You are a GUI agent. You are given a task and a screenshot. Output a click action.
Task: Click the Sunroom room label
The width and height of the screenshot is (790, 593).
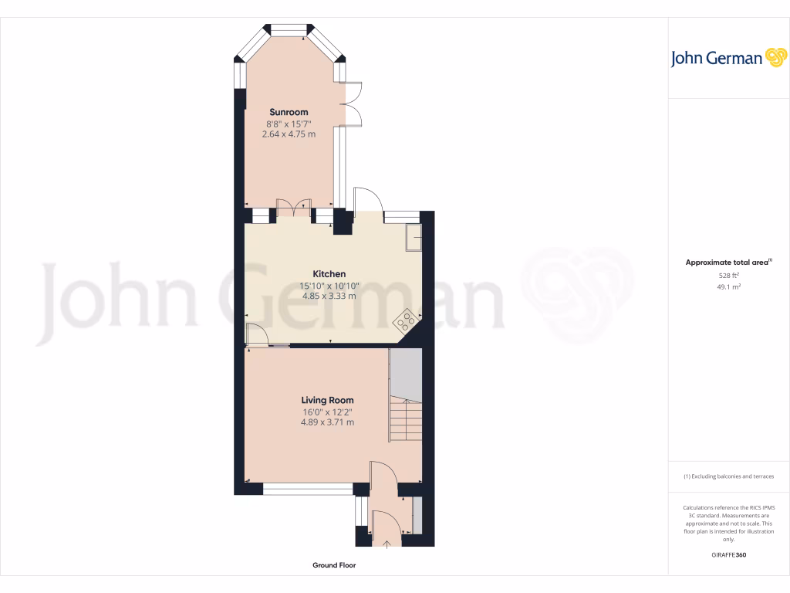[x=289, y=112]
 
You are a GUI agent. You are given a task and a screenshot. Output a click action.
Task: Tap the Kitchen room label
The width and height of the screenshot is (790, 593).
[x=329, y=274]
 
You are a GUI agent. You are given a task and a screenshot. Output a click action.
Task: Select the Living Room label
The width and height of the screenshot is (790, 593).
[x=328, y=400]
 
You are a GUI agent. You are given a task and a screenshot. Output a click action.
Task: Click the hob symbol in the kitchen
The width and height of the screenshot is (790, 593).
[x=407, y=318]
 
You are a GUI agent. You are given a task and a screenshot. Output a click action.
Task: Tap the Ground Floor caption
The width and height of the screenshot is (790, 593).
[x=334, y=565]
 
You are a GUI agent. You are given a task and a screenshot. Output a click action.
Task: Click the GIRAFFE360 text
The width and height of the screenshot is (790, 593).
[x=729, y=555]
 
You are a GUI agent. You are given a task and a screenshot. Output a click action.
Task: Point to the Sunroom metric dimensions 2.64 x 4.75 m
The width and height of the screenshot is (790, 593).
[x=289, y=134]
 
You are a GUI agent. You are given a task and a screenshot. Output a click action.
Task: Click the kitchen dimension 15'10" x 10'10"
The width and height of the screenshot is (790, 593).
[x=329, y=285]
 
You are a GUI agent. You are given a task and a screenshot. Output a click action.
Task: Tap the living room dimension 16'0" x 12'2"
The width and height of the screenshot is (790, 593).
[x=328, y=412]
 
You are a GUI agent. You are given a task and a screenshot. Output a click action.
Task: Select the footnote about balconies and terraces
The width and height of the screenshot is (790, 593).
[x=729, y=476]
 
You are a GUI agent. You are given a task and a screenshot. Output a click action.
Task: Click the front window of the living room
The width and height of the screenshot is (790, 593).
[x=308, y=489]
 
